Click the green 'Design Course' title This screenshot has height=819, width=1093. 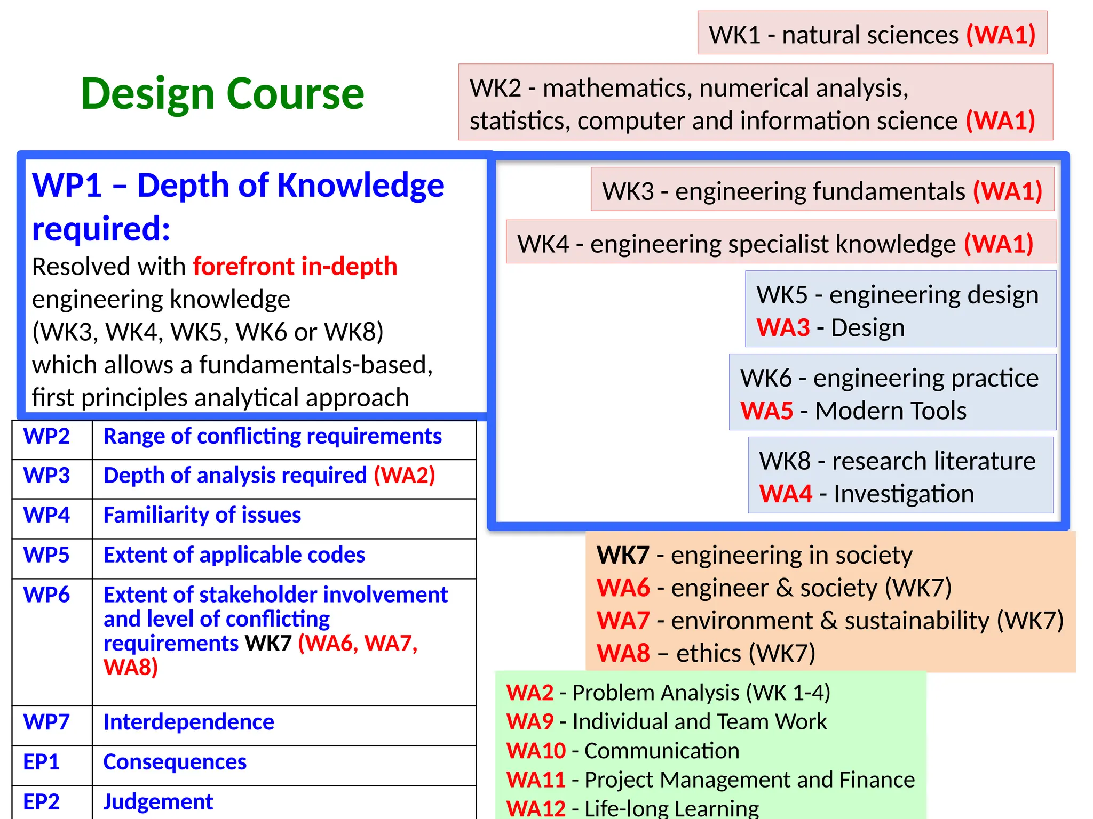point(223,94)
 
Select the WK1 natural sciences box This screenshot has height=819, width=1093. point(872,34)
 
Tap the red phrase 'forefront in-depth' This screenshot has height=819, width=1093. point(295,266)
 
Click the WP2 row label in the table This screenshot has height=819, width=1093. point(46,437)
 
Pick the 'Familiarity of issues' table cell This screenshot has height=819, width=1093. point(202,515)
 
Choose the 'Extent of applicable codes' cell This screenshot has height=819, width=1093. point(234,555)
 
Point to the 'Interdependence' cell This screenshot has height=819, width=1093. point(188,722)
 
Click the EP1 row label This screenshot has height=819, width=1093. point(41,762)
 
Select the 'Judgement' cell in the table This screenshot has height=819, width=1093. point(158,801)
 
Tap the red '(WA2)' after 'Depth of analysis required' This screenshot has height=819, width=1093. point(404,476)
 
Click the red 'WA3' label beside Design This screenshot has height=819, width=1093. point(783,328)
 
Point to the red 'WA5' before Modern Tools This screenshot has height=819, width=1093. point(766,411)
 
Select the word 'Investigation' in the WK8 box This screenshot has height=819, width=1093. point(904,494)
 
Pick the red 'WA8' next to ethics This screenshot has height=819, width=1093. point(623,653)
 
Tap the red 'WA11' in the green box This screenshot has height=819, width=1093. point(535,780)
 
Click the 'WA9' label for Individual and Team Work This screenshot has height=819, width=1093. point(529,721)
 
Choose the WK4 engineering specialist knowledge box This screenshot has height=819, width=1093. point(781,243)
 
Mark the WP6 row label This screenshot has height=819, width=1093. point(46,595)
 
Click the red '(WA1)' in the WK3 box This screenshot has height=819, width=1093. point(1007,191)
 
